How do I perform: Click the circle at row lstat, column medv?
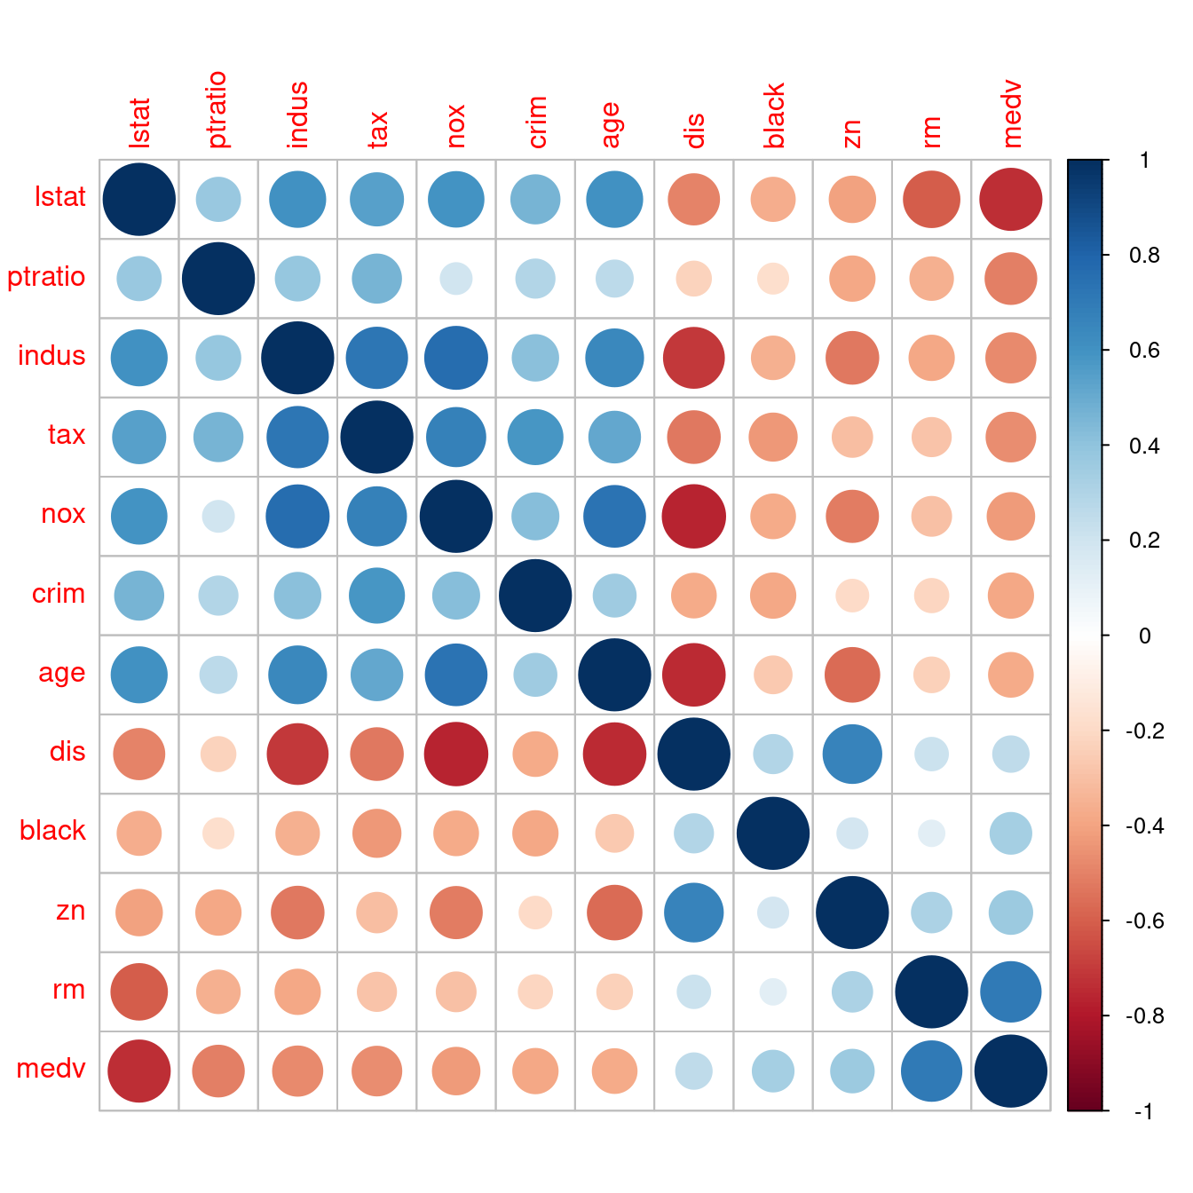[x=1011, y=200]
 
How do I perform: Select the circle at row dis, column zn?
[x=852, y=755]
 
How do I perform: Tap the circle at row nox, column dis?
[x=694, y=517]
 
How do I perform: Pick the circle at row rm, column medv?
[x=1011, y=992]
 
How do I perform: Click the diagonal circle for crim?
[x=535, y=596]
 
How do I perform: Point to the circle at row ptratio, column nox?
[x=456, y=279]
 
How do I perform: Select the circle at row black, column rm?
[x=932, y=834]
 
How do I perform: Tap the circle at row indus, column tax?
[x=377, y=358]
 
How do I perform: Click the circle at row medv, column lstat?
[x=139, y=1071]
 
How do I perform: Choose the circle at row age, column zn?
[x=852, y=675]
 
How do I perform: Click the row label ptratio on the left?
[x=46, y=277]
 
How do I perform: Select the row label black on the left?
[x=52, y=831]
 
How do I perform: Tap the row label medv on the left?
[x=51, y=1068]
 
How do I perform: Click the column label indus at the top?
[x=298, y=115]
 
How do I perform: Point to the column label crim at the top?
[x=536, y=122]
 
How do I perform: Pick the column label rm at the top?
[x=931, y=131]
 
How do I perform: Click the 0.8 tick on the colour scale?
[x=1144, y=256]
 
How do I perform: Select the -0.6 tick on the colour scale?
[x=1144, y=920]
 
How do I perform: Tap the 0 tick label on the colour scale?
[x=1144, y=636]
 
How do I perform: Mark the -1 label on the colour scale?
[x=1143, y=1111]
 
